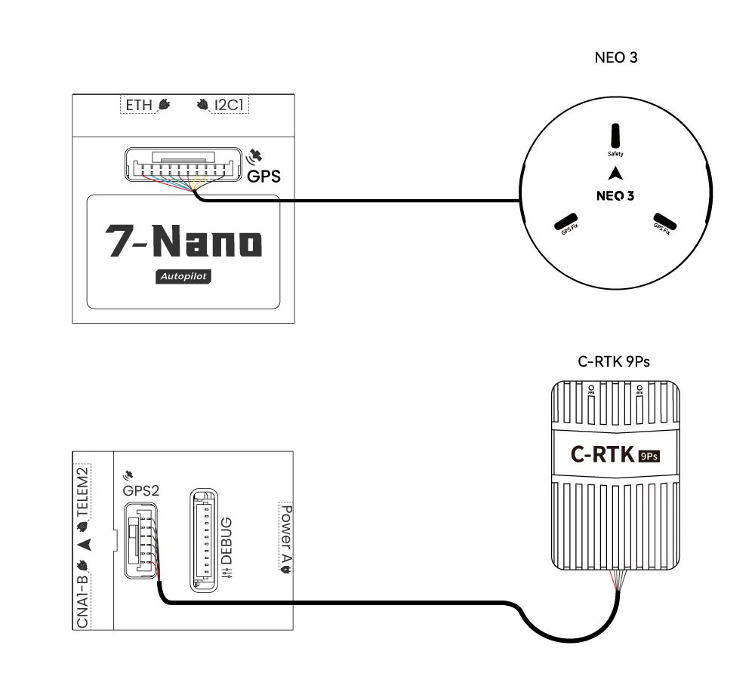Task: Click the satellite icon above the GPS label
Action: (256, 156)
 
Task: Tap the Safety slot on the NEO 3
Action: (615, 137)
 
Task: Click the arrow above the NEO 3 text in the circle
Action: (617, 172)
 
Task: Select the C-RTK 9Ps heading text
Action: (614, 362)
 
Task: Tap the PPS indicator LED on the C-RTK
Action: (591, 389)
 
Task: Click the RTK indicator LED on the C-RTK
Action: (639, 389)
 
